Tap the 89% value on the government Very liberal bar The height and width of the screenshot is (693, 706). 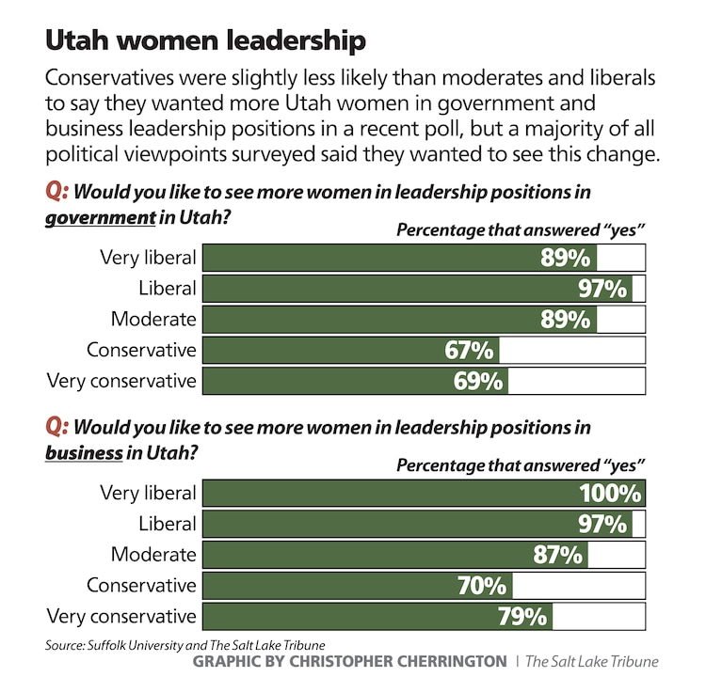click(x=566, y=258)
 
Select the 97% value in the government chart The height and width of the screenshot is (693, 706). click(x=602, y=288)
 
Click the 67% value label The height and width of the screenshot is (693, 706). click(x=469, y=350)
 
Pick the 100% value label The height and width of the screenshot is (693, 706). click(x=610, y=493)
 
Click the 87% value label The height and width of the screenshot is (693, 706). click(x=557, y=555)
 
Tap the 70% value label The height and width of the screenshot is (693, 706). click(x=483, y=586)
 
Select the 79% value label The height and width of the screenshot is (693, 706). click(x=522, y=617)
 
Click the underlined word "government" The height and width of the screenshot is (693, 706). click(x=100, y=216)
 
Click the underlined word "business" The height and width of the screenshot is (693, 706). click(x=84, y=451)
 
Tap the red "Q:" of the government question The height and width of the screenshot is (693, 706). click(x=57, y=192)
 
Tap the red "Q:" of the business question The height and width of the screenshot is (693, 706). click(x=57, y=427)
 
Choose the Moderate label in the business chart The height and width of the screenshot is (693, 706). click(x=153, y=555)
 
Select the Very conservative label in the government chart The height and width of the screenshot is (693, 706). click(x=121, y=381)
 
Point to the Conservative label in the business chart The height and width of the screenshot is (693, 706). click(x=141, y=586)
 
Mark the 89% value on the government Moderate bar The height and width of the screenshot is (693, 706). click(x=566, y=319)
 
